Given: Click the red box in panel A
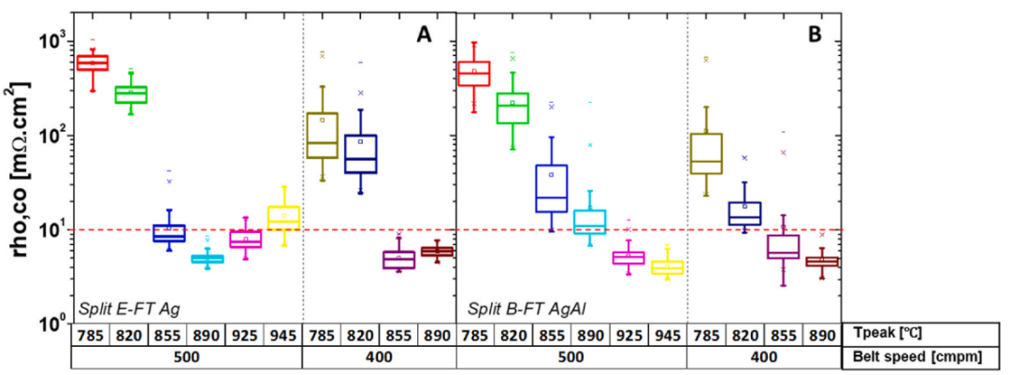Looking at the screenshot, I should click(x=93, y=63).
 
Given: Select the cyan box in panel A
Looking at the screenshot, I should click(x=208, y=258).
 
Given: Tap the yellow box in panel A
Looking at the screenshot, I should click(x=284, y=215).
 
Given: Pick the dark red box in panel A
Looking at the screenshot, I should click(x=437, y=251).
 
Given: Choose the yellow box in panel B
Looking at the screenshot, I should click(x=667, y=267).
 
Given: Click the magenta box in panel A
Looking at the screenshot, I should click(x=246, y=238).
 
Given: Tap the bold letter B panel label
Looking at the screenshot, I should click(x=814, y=35).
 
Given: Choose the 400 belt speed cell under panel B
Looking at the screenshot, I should click(x=763, y=356).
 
